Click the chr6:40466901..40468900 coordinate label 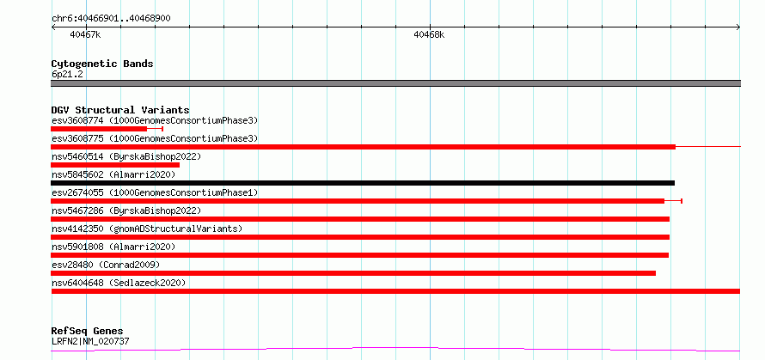click(111, 18)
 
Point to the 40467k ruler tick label click(85, 34)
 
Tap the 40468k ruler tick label click(429, 34)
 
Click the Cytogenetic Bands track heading click(102, 64)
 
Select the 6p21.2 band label click(64, 74)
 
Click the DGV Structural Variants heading click(120, 110)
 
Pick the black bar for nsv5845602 click(363, 183)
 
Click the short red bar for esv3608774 click(99, 129)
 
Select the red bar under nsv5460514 click(115, 165)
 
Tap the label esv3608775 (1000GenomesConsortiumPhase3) click(155, 138)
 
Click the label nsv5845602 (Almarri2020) click(113, 174)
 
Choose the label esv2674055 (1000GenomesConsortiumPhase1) click(155, 192)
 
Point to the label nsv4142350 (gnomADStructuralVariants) click(147, 229)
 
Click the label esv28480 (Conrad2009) click(106, 265)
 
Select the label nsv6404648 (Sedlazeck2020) click(119, 283)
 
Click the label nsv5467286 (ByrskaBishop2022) click(126, 211)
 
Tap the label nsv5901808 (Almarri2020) click(113, 247)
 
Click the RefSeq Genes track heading click(88, 332)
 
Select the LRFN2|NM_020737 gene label click(91, 341)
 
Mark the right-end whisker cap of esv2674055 click(682, 201)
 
